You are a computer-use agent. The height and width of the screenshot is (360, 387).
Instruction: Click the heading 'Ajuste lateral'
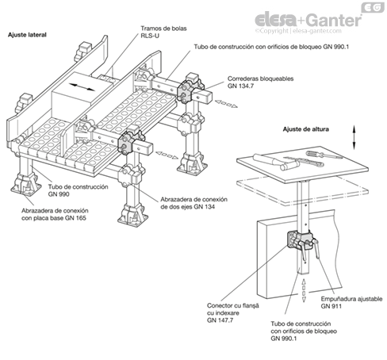coord(27,35)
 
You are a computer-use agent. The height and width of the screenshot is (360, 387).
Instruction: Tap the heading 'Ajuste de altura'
coord(306,129)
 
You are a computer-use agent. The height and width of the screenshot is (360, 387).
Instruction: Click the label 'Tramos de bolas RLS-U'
coord(163,32)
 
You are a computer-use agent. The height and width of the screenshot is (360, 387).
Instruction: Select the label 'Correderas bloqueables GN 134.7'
coord(260,82)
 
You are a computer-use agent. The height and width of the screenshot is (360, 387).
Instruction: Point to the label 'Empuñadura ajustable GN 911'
coord(351,302)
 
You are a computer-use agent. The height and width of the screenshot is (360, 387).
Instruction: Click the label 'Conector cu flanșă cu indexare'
coord(233,309)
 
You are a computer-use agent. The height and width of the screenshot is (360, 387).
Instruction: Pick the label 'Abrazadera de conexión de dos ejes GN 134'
coord(193,203)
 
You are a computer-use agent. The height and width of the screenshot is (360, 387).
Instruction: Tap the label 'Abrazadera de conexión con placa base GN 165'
coord(55,214)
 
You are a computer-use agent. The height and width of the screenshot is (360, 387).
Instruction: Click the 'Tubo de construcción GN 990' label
coord(78,190)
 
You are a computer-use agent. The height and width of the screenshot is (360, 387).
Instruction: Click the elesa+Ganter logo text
coord(308,20)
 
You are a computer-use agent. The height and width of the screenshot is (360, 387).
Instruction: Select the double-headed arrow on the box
coord(82,87)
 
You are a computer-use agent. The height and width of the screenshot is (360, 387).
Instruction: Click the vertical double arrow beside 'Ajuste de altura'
coord(354,137)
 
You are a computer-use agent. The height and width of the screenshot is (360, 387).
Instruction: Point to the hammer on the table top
coord(276,161)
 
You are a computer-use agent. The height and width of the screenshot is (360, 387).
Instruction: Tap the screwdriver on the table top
coord(324,155)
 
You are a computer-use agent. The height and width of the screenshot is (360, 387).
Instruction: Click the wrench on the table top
coord(304,161)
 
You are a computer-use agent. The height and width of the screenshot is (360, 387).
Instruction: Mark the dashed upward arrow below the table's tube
coord(304,290)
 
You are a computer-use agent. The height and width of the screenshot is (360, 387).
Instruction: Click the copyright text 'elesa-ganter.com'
coord(317,31)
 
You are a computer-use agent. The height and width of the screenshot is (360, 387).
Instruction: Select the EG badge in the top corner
coord(373,7)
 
